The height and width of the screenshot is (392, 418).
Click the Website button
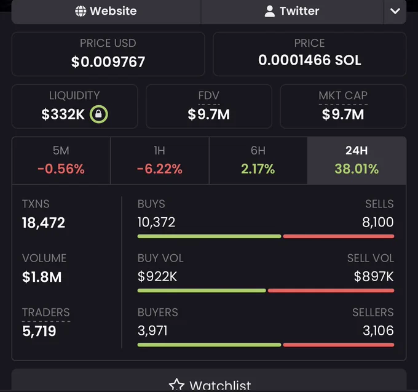106,12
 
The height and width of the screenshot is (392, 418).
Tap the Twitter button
292,12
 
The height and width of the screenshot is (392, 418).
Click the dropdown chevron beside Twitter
395,11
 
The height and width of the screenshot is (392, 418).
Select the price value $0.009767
108,62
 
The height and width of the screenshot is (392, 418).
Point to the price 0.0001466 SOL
309,60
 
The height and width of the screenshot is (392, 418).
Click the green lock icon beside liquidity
98,114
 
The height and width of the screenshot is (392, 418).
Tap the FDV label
209,95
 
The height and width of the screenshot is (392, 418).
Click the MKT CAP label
343,95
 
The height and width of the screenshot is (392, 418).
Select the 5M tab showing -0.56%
61,161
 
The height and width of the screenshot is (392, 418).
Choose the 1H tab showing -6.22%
160,161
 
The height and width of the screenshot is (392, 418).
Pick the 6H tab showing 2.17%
258,161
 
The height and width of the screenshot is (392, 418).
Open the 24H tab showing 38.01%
357,161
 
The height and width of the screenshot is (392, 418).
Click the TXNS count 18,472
44,223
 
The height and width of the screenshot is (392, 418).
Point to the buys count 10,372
156,222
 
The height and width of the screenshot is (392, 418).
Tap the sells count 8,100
378,222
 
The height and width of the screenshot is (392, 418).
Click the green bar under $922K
202,290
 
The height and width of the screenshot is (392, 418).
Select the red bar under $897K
331,290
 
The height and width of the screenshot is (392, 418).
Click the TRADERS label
46,313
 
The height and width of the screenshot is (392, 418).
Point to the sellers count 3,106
378,330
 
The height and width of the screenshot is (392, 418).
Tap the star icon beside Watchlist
177,385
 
